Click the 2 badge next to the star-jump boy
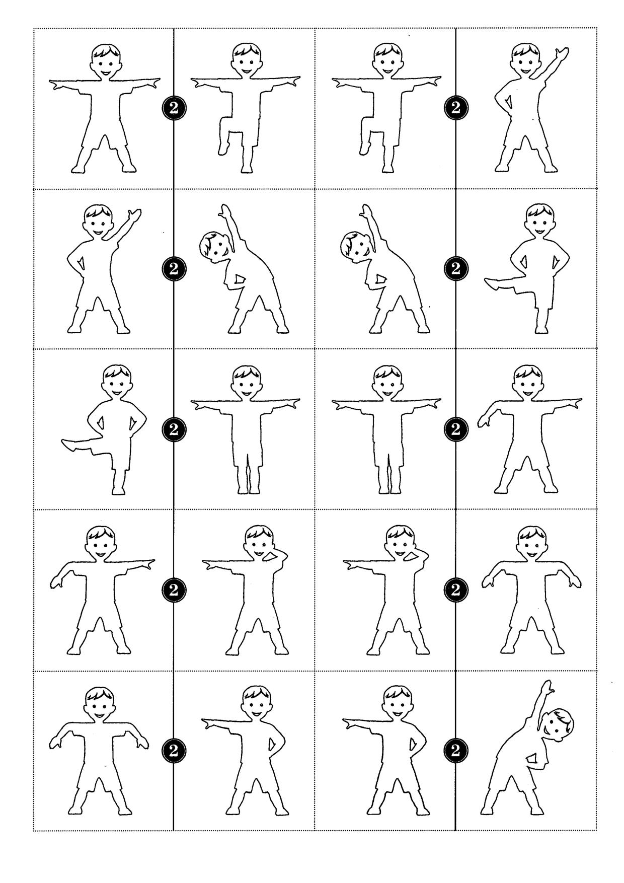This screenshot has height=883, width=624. (174, 107)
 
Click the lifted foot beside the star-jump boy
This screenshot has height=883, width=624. (222, 148)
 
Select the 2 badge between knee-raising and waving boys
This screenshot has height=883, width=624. (456, 107)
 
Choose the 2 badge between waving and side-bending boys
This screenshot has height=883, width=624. (174, 268)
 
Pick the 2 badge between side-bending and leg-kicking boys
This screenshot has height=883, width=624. (456, 268)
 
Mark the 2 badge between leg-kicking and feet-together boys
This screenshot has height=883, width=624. (174, 429)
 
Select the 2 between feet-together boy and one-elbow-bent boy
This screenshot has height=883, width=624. (456, 429)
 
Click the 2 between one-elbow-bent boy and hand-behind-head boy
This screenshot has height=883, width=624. (174, 590)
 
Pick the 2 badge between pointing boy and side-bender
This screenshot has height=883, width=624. (456, 751)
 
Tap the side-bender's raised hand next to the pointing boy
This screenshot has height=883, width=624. (547, 688)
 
